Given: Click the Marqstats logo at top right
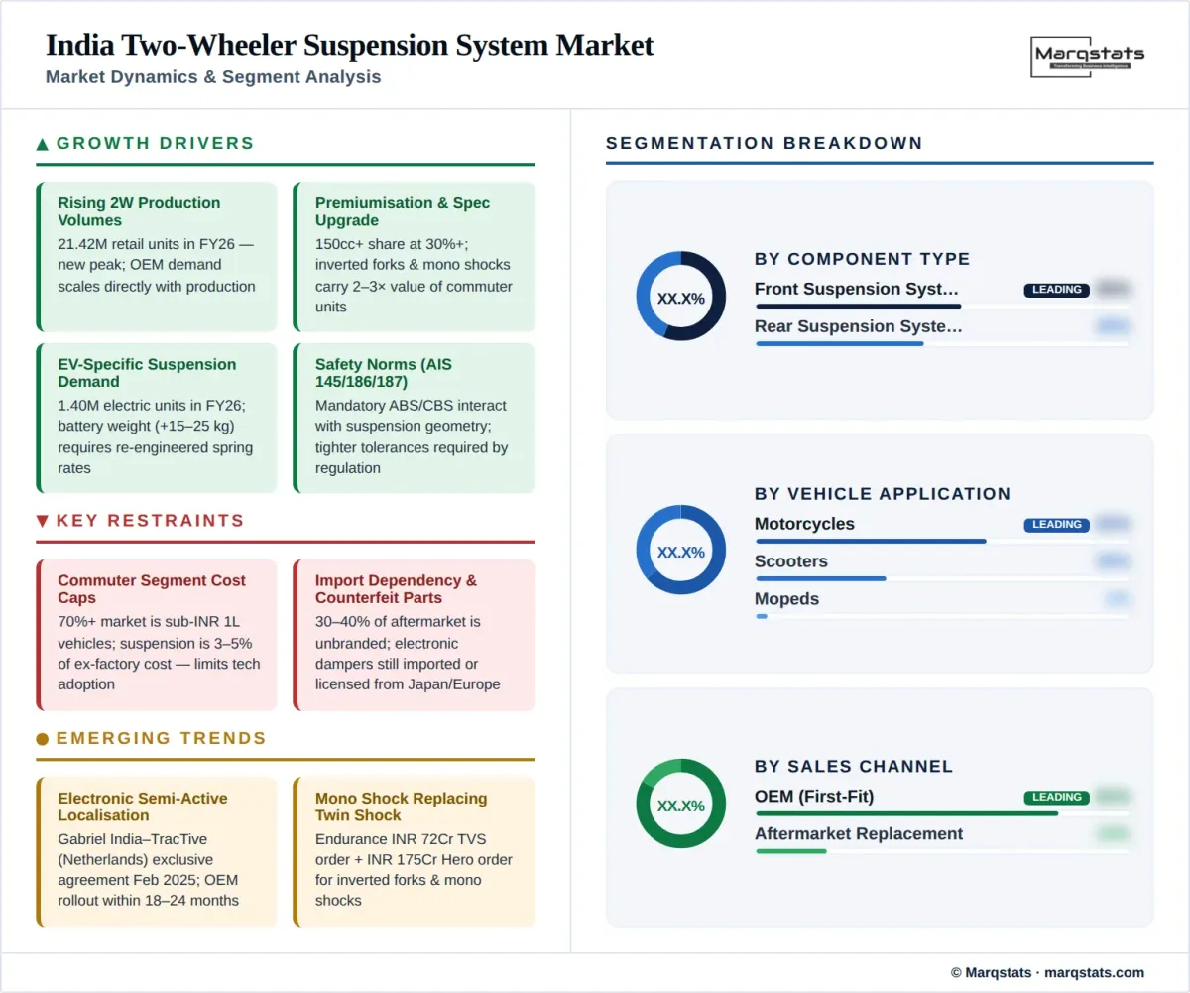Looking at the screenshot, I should [x=1088, y=57].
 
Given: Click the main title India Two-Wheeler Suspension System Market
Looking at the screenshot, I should [x=349, y=46].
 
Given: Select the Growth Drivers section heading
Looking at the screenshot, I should [x=155, y=143].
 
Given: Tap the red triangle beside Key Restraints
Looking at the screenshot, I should [x=43, y=521].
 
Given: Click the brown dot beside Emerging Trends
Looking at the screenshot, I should [x=43, y=739].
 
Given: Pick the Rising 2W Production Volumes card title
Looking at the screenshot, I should [x=139, y=211].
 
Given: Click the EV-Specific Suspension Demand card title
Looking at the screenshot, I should [x=147, y=373].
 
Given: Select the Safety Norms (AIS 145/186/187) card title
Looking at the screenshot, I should [x=383, y=373].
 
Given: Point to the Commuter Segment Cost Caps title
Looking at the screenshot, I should [x=151, y=589].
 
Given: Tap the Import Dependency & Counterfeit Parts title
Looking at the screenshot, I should [x=396, y=589].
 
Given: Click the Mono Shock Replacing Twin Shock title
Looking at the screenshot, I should [x=401, y=807].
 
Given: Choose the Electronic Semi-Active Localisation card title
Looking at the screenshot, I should [x=142, y=807].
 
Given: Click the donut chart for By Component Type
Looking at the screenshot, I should [x=680, y=297].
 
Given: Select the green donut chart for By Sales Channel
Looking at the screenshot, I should [x=680, y=805].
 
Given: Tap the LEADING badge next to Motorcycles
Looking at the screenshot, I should [x=1056, y=525].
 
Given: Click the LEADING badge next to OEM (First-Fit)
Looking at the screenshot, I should [x=1056, y=797].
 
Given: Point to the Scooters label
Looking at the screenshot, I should [x=790, y=561].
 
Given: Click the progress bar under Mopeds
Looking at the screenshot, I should [x=941, y=616].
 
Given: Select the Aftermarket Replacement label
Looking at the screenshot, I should [x=858, y=833].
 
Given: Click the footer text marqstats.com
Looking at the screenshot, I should [x=1095, y=972].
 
